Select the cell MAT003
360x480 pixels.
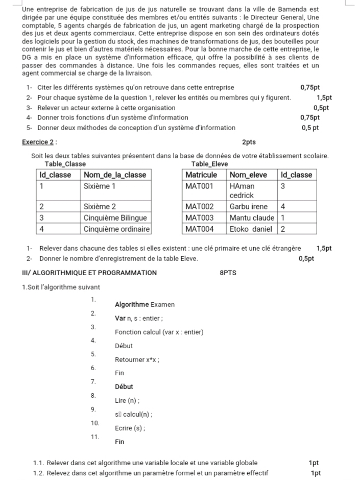(199, 218)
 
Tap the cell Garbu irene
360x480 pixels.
(248, 207)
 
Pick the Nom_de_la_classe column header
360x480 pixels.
(115, 175)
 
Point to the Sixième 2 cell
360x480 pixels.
(100, 207)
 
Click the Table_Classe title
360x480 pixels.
(65, 164)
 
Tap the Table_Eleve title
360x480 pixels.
(209, 164)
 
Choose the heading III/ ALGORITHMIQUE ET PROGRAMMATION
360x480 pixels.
(89, 273)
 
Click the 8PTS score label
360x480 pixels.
(228, 273)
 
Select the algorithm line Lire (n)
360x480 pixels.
(125, 400)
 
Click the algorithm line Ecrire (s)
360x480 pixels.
(130, 428)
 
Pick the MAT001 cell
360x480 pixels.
(199, 186)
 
